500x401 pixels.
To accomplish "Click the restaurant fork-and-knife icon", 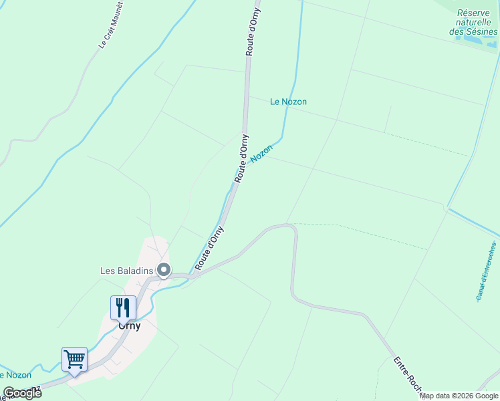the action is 123,307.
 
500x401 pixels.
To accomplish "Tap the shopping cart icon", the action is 74,359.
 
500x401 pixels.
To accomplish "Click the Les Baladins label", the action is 126,271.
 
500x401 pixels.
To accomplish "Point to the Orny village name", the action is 129,326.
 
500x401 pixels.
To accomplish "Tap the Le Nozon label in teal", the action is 288,102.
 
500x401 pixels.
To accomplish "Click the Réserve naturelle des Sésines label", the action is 474,22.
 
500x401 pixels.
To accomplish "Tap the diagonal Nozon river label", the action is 262,153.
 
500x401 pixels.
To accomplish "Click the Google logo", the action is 22,393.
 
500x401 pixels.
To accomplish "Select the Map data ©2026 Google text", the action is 459,396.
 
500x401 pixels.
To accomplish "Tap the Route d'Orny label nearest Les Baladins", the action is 209,248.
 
